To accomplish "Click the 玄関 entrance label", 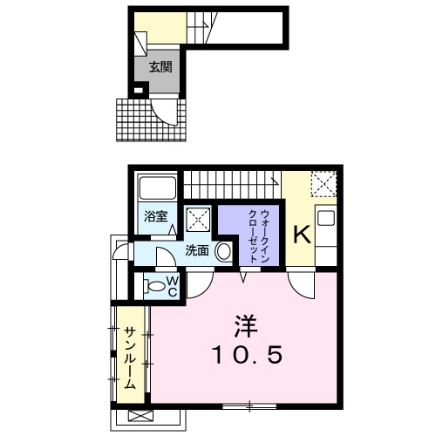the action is pyautogui.click(x=160, y=67).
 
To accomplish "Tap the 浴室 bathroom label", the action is pyautogui.click(x=156, y=216).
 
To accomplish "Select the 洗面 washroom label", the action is pyautogui.click(x=197, y=250).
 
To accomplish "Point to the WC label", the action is pyautogui.click(x=172, y=287).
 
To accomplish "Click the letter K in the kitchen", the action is pyautogui.click(x=303, y=235).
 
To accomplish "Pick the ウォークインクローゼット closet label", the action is pyautogui.click(x=258, y=236).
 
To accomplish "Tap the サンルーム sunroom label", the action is pyautogui.click(x=130, y=358).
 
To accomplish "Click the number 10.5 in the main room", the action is pyautogui.click(x=248, y=355).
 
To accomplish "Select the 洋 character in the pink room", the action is pyautogui.click(x=246, y=326).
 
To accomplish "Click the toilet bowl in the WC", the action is pyautogui.click(x=153, y=286).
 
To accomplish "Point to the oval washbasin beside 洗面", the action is pyautogui.click(x=224, y=251).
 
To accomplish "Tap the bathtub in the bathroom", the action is pyautogui.click(x=157, y=187).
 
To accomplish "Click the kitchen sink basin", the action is pyautogui.click(x=324, y=218).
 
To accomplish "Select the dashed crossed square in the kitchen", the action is pyautogui.click(x=324, y=184).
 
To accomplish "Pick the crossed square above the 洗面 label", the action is pyautogui.click(x=198, y=220).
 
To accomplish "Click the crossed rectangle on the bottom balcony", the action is pyautogui.click(x=140, y=416).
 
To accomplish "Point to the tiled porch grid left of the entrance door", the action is pyautogui.click(x=134, y=120).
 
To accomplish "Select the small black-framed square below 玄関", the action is pyautogui.click(x=139, y=91).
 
